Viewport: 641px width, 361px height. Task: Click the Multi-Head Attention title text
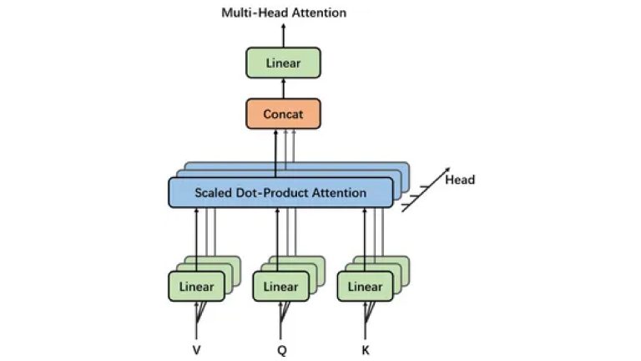pyautogui.click(x=284, y=13)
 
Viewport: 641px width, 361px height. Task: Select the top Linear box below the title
pyautogui.click(x=284, y=64)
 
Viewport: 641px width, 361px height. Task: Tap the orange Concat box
pyautogui.click(x=284, y=114)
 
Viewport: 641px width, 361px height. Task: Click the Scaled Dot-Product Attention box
pyautogui.click(x=280, y=193)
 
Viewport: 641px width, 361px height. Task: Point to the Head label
pyautogui.click(x=460, y=180)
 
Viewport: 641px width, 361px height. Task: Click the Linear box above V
pyautogui.click(x=196, y=287)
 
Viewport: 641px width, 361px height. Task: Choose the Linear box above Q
pyautogui.click(x=280, y=287)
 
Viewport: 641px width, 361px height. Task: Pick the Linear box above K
pyautogui.click(x=365, y=287)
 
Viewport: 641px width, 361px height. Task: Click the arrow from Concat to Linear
pyautogui.click(x=284, y=89)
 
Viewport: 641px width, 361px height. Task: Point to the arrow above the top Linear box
pyautogui.click(x=284, y=35)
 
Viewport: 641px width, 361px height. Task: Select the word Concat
pyautogui.click(x=284, y=114)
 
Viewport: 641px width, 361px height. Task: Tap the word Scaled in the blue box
pyautogui.click(x=215, y=193)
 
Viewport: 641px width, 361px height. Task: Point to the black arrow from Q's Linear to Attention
pyautogui.click(x=277, y=238)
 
